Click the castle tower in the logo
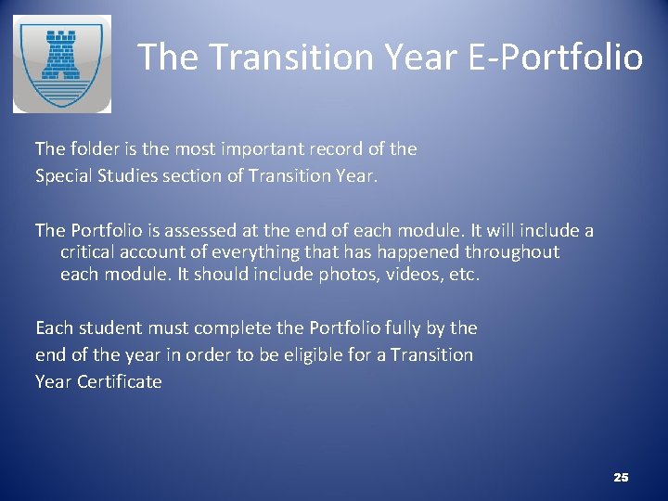[x=62, y=56]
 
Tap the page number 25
[x=621, y=477]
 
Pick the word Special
[x=66, y=175]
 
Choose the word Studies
[x=135, y=175]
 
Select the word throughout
[x=515, y=251]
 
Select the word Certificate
[x=120, y=381]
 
